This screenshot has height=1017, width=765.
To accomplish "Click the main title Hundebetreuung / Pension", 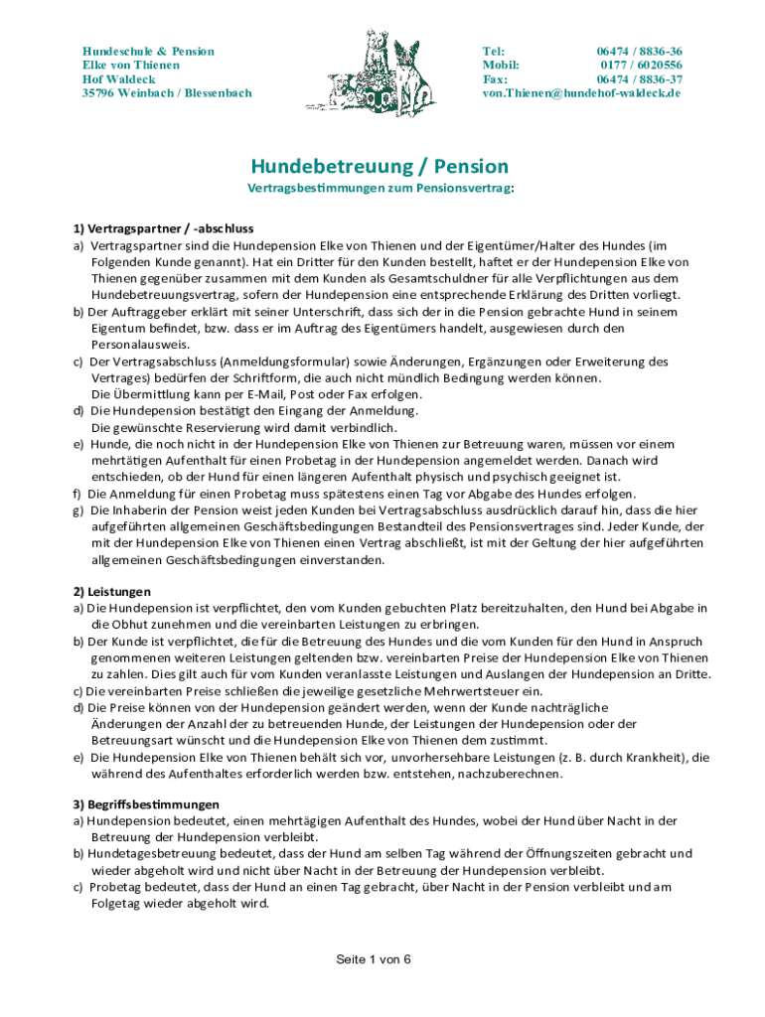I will click(379, 166).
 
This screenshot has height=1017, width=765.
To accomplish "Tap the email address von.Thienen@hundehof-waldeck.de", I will click(581, 93).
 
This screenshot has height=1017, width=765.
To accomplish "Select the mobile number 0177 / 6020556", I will click(640, 66).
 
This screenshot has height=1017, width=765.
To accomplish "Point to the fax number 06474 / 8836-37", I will click(639, 79).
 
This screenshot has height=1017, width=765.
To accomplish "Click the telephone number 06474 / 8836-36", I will click(639, 52).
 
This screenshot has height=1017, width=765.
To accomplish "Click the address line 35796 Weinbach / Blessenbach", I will click(166, 93).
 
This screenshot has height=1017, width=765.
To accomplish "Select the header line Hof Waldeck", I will click(118, 79).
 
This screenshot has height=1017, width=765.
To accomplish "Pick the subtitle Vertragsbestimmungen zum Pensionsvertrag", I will click(381, 189).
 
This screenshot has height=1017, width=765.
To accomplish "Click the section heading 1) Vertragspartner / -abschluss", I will click(156, 228).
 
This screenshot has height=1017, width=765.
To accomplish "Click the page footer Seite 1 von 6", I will click(373, 959).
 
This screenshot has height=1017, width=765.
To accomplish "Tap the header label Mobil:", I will click(501, 66).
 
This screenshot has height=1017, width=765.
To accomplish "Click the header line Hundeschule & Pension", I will click(148, 52).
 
